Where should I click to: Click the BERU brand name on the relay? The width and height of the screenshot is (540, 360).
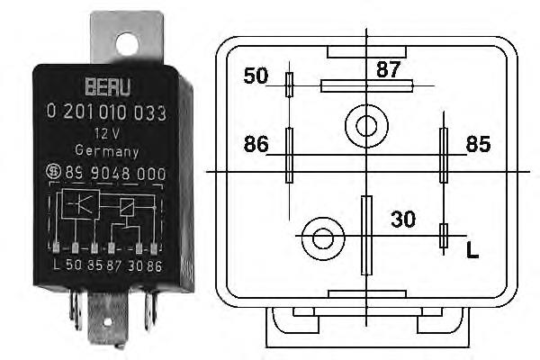(108, 86)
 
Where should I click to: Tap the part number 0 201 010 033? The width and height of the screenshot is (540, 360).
(106, 112)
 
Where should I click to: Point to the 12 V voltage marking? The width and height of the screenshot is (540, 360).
(107, 133)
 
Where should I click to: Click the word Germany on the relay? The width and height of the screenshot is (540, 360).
(107, 151)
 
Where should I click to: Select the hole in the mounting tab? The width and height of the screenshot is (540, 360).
(127, 44)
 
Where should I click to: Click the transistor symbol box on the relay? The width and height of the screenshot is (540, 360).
(81, 204)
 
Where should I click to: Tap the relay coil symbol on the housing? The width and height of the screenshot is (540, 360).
(127, 207)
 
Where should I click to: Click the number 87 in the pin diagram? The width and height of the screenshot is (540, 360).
(389, 69)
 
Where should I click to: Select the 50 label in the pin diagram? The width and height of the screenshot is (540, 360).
(256, 76)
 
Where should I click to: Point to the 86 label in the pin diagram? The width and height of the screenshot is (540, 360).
(256, 144)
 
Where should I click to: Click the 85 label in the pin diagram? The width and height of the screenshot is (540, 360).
(479, 144)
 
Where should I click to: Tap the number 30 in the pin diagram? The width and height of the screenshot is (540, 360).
(403, 219)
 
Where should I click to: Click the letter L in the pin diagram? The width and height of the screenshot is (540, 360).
(472, 250)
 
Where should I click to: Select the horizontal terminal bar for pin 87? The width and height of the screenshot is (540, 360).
(367, 85)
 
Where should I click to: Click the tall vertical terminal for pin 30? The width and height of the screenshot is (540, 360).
(367, 236)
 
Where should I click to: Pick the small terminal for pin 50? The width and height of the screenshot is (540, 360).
(290, 85)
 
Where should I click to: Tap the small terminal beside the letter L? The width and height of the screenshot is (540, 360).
(444, 236)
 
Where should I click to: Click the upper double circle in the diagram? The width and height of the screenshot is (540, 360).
(366, 126)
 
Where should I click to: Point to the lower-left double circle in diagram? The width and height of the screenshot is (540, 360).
(323, 238)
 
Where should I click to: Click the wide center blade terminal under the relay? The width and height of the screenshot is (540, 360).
(108, 319)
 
